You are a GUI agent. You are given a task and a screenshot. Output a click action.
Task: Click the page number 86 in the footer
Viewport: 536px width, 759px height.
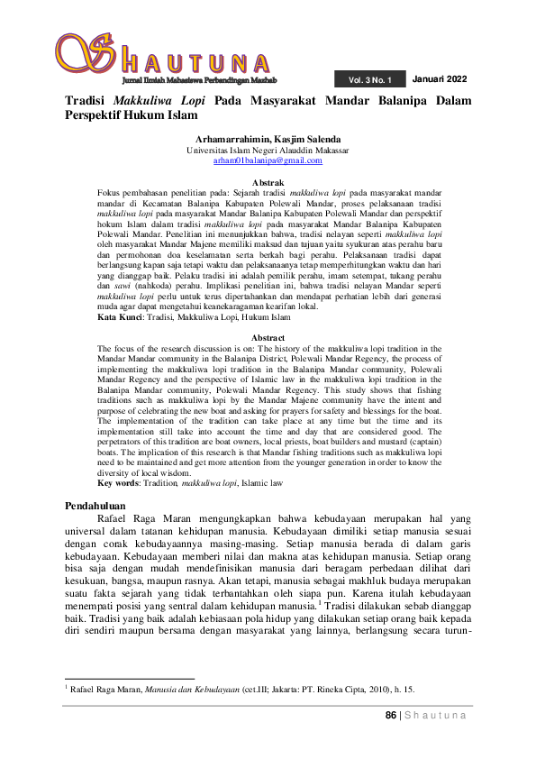(391, 716)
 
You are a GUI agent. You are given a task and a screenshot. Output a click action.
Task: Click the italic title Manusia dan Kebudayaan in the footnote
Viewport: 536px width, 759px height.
(186, 689)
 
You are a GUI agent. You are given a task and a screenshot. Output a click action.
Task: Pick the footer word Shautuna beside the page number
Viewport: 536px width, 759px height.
(436, 716)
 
